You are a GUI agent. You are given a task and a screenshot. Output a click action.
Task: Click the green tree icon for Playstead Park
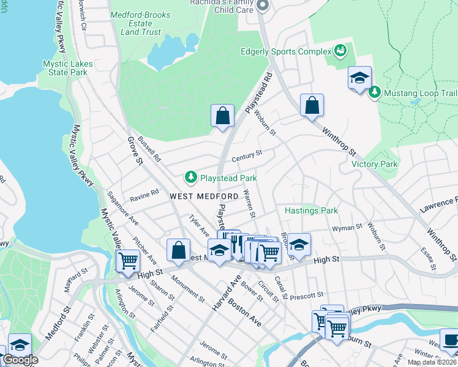tap(191, 177)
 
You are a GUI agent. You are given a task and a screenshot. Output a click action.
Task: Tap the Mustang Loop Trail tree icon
tap(375, 93)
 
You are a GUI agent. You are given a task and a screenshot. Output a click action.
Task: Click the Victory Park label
tap(374, 164)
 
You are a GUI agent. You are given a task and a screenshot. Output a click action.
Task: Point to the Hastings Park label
tap(311, 210)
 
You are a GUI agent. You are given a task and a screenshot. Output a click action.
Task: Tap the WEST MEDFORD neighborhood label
tap(203, 196)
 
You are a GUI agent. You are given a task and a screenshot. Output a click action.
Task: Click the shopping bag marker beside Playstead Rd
tap(223, 115)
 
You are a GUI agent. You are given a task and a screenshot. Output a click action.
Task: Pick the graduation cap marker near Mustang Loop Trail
tap(359, 78)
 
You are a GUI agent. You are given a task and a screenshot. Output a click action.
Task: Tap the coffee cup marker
tap(451, 339)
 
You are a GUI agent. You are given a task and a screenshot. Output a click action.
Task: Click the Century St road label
tap(247, 157)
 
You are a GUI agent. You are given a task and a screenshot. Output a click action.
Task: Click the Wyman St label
tap(343, 228)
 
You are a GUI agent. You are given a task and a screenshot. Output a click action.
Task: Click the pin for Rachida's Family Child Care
tap(263, 6)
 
